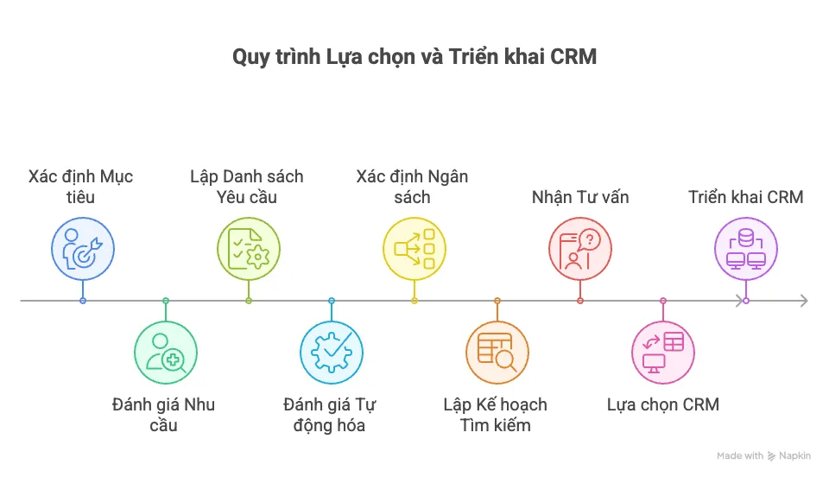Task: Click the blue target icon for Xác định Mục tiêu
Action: [x=83, y=249]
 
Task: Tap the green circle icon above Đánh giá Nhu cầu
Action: [x=166, y=353]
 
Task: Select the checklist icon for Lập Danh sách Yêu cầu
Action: [x=249, y=249]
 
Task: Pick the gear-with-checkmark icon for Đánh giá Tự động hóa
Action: [x=332, y=353]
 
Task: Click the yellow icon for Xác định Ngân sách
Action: [x=414, y=249]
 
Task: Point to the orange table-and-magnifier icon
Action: [x=497, y=353]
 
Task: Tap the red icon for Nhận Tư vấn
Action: [x=580, y=249]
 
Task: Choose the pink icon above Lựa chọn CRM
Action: [x=663, y=353]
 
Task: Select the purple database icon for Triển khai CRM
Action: [x=746, y=249]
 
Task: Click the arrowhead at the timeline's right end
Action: [x=803, y=301]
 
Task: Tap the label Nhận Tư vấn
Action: [x=580, y=197]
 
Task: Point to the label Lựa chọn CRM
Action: [x=663, y=404]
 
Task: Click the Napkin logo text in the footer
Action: [x=794, y=455]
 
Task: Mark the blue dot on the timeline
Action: [x=83, y=301]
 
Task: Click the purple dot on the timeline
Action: [x=746, y=301]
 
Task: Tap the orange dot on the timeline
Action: [x=497, y=301]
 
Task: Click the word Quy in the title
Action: [x=249, y=58]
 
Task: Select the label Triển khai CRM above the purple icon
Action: [x=746, y=197]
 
